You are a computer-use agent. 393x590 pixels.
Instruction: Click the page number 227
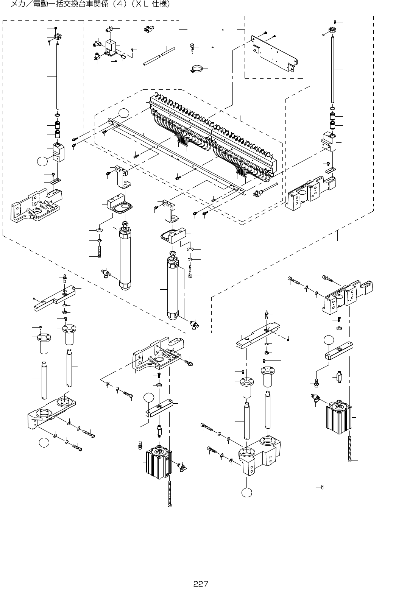(x=201, y=584)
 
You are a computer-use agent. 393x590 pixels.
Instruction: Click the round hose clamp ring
(x=195, y=69)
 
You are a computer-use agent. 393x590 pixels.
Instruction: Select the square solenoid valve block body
(x=110, y=48)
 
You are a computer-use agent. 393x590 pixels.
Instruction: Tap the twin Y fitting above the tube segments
(x=149, y=30)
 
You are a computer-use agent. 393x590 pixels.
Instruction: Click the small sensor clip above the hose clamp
(x=192, y=48)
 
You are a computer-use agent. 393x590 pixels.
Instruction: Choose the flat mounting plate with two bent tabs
(x=274, y=54)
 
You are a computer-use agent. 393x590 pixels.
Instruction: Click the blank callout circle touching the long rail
(x=124, y=114)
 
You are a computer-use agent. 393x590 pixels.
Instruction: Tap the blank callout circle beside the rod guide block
(x=42, y=161)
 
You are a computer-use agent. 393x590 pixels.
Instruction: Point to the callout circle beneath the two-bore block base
(x=246, y=492)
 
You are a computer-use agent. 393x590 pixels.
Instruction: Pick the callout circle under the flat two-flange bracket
(x=44, y=442)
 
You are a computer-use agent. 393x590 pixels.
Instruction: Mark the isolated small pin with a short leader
(x=323, y=487)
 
